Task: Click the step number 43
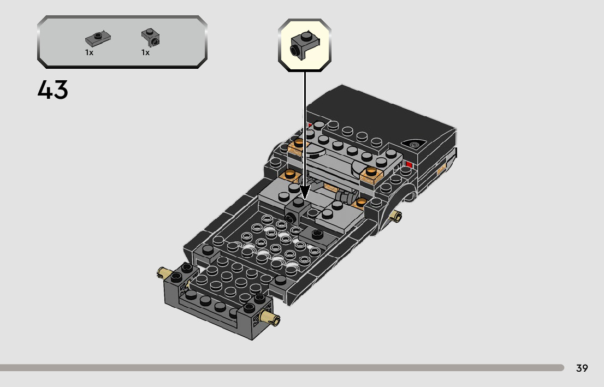click(53, 90)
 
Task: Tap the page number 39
click(582, 368)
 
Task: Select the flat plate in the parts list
click(98, 39)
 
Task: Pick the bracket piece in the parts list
click(151, 38)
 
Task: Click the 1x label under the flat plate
click(90, 52)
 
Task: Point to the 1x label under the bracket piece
click(145, 52)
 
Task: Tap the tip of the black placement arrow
click(305, 199)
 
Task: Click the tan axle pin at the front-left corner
click(163, 273)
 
